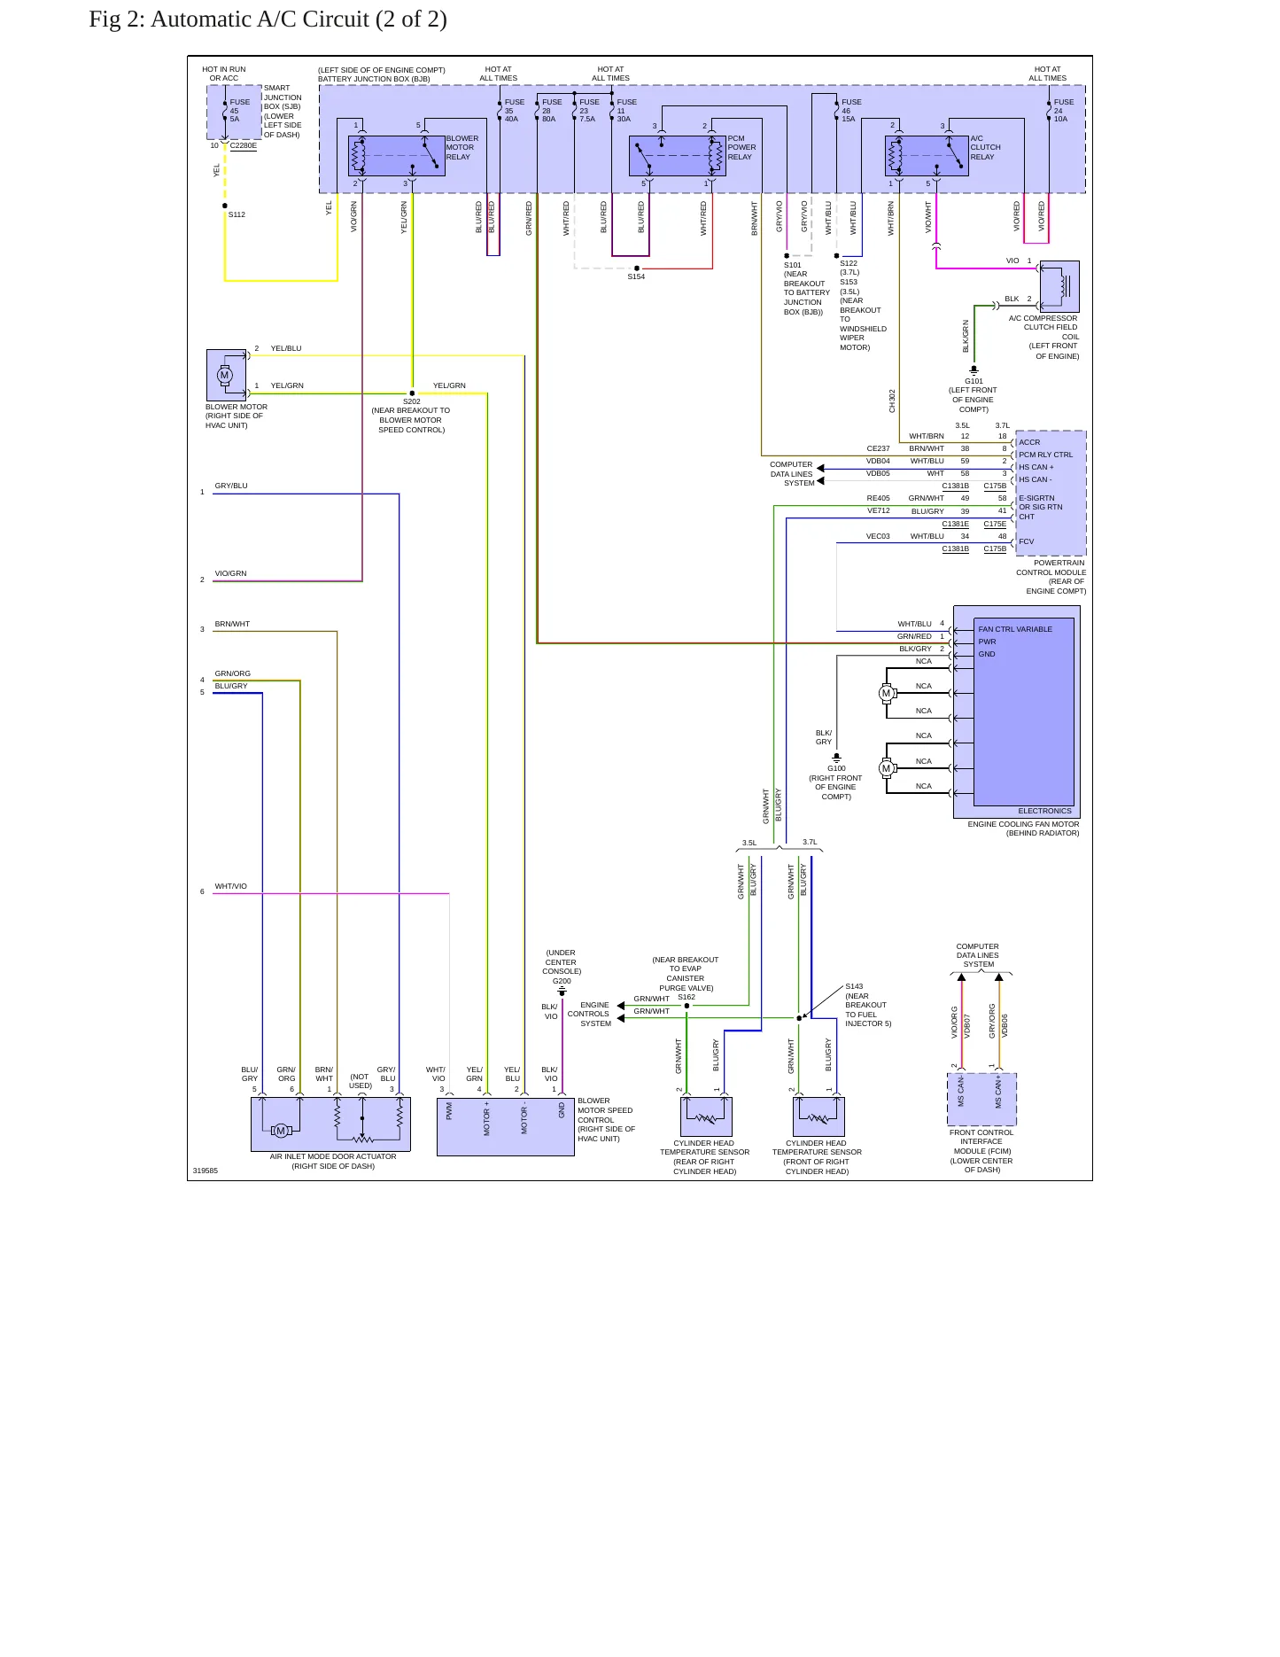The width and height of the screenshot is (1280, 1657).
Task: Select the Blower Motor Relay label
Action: pyautogui.click(x=462, y=147)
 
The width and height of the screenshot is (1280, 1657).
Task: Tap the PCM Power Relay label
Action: pyautogui.click(x=741, y=147)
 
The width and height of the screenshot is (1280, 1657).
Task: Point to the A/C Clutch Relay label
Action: pyautogui.click(x=985, y=147)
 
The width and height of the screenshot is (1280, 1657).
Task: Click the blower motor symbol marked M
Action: pyautogui.click(x=224, y=375)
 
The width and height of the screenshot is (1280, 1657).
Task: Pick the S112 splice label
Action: pyautogui.click(x=237, y=214)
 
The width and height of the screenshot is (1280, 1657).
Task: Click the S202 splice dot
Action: pyautogui.click(x=412, y=393)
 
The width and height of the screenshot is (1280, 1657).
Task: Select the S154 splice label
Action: pyautogui.click(x=636, y=276)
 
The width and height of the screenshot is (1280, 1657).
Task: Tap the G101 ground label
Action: pyautogui.click(x=974, y=381)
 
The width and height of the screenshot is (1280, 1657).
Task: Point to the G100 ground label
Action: pyautogui.click(x=836, y=768)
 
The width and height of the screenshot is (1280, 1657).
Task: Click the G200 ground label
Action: pyautogui.click(x=562, y=981)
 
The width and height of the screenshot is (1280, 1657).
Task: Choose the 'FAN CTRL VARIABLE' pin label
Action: pyautogui.click(x=1015, y=629)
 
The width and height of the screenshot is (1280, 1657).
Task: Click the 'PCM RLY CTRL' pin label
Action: pyautogui.click(x=1045, y=455)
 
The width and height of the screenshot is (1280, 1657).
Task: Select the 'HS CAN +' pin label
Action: pyautogui.click(x=1036, y=467)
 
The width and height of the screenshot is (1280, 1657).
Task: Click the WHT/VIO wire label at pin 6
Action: pyautogui.click(x=230, y=886)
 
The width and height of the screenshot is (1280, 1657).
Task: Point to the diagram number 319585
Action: pyautogui.click(x=206, y=1171)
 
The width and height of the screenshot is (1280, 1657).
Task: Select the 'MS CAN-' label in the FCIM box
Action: pyautogui.click(x=961, y=1092)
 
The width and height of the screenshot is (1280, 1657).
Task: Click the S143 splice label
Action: pyautogui.click(x=854, y=986)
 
